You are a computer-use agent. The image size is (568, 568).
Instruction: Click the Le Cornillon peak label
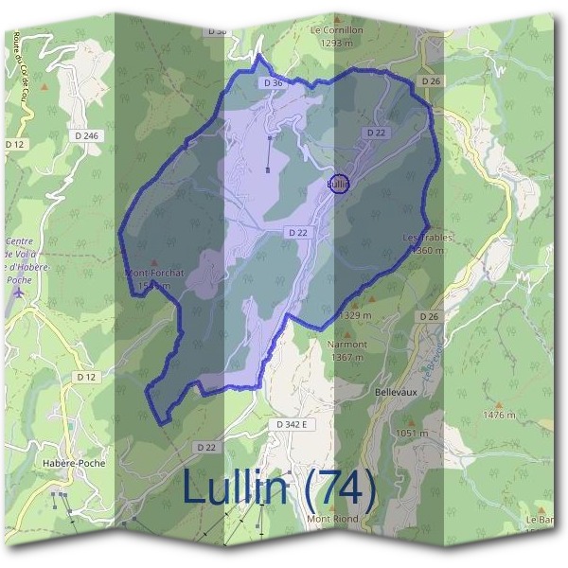(x=336, y=29)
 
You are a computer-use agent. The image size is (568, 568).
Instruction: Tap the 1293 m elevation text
(x=336, y=43)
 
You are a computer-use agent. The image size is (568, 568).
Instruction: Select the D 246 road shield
(x=86, y=136)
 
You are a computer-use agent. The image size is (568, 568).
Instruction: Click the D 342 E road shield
(x=294, y=425)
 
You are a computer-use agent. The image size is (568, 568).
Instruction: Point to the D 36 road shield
(x=273, y=83)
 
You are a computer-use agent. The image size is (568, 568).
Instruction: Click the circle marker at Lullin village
(x=338, y=184)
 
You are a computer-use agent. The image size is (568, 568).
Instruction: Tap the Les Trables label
(x=427, y=238)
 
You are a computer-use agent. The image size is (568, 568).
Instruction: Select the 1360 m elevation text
(x=427, y=251)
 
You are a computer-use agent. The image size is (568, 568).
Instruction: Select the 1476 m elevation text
(x=498, y=415)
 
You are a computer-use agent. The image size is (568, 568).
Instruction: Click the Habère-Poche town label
(x=74, y=463)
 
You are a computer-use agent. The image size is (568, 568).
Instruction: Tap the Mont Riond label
(x=330, y=519)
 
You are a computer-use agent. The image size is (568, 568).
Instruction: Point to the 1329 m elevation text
(x=353, y=315)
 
